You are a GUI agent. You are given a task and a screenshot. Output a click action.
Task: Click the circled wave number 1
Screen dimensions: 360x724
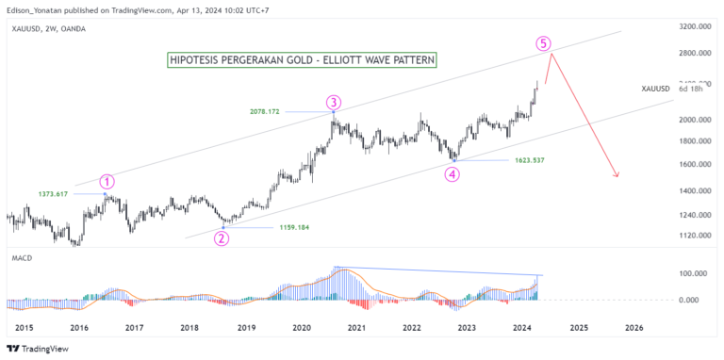107,182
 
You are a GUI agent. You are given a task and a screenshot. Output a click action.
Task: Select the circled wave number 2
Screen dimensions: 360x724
222,237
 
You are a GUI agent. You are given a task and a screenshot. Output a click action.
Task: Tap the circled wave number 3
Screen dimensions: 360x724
334,102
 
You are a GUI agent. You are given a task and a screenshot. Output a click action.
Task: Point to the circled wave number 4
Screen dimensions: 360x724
453,174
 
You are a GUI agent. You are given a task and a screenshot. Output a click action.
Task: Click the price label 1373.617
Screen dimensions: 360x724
55,193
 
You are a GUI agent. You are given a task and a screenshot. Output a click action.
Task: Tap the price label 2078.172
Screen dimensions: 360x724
287,112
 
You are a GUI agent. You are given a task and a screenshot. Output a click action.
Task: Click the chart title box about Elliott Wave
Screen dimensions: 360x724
301,60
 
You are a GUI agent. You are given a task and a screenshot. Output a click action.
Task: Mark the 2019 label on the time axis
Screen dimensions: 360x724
245,327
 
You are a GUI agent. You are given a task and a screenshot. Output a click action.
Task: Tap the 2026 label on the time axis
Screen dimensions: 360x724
633,327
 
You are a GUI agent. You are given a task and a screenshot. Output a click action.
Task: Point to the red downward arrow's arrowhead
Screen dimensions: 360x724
617,175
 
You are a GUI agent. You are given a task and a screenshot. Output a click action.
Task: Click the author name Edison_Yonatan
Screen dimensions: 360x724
38,8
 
